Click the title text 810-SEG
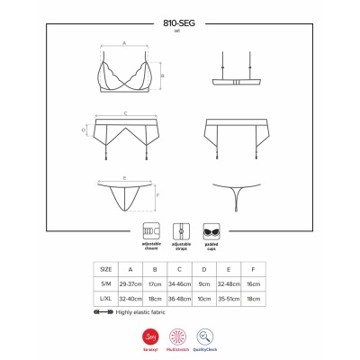point(180,21)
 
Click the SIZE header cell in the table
point(106,269)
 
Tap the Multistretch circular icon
point(180,335)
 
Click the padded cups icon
point(213,229)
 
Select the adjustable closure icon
point(150,229)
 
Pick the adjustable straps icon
point(181,229)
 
